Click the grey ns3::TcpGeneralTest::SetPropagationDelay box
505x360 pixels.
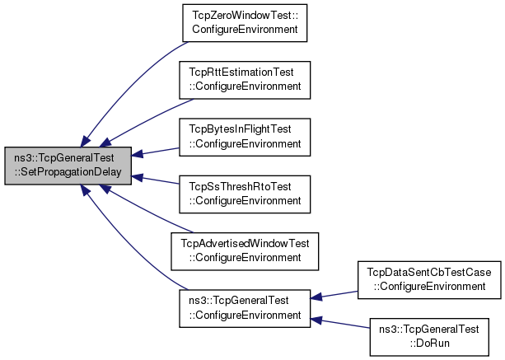click(x=68, y=166)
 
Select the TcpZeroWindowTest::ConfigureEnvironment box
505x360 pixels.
click(x=245, y=23)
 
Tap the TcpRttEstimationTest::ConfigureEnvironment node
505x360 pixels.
click(x=245, y=80)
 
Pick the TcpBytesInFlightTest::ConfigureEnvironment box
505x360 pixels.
click(x=245, y=138)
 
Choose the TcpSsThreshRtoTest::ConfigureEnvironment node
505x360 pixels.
click(x=245, y=194)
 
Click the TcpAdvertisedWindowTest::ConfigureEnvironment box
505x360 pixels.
click(x=245, y=251)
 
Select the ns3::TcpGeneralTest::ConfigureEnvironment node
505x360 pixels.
click(x=245, y=308)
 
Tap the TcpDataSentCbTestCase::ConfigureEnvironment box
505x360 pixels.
click(x=429, y=280)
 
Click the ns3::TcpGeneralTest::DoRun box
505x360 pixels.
click(x=429, y=337)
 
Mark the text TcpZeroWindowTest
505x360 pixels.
click(x=242, y=15)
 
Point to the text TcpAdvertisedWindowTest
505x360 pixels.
click(x=245, y=244)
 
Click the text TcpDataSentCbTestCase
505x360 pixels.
click(x=429, y=272)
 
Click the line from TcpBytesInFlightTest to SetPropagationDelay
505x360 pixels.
click(x=155, y=152)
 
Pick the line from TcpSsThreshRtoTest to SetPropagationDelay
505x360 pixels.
click(x=155, y=180)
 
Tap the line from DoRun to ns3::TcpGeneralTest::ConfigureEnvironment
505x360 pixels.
click(x=340, y=323)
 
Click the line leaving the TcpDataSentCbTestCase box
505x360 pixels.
click(x=334, y=295)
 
